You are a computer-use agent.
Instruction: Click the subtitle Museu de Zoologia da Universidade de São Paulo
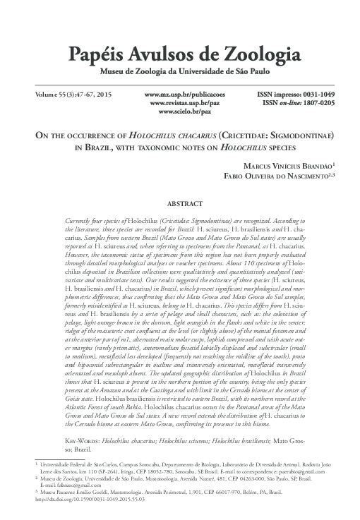coord(180,71)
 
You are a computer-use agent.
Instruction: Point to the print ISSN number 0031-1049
coord(317,94)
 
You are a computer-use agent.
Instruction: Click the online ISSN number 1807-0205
coord(317,103)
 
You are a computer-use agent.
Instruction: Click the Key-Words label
coord(82,439)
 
